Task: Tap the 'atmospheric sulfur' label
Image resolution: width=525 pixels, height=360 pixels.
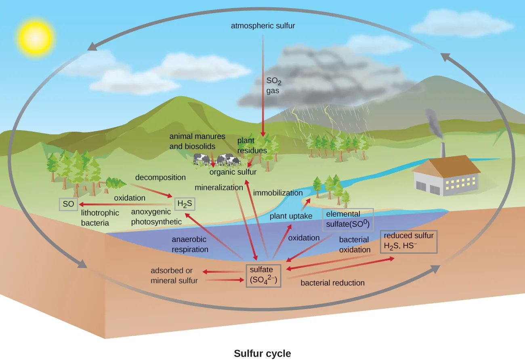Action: point(263,26)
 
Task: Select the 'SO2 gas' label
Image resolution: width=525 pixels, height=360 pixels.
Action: point(273,86)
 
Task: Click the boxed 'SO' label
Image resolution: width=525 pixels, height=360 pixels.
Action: point(68,204)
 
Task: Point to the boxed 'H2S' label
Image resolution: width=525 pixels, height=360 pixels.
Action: point(185,204)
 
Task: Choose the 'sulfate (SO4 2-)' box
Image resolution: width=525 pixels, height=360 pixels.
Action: point(264,275)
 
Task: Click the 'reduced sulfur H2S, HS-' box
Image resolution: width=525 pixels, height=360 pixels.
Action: point(408,242)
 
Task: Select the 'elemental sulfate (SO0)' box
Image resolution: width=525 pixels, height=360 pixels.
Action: point(347,220)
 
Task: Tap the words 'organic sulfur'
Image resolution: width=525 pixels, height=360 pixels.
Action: point(233,172)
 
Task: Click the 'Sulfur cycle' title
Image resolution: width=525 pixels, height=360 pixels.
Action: point(262,354)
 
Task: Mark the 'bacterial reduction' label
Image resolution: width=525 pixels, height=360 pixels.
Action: point(332,283)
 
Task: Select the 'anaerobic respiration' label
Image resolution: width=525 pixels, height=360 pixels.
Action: point(190,244)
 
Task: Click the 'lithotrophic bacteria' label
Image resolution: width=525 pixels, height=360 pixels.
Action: point(100,217)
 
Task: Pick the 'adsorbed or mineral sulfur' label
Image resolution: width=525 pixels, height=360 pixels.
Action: point(174,276)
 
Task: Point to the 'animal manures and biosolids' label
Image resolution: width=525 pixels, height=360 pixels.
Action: point(197,141)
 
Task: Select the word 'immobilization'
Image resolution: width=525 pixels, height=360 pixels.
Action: point(278,193)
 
